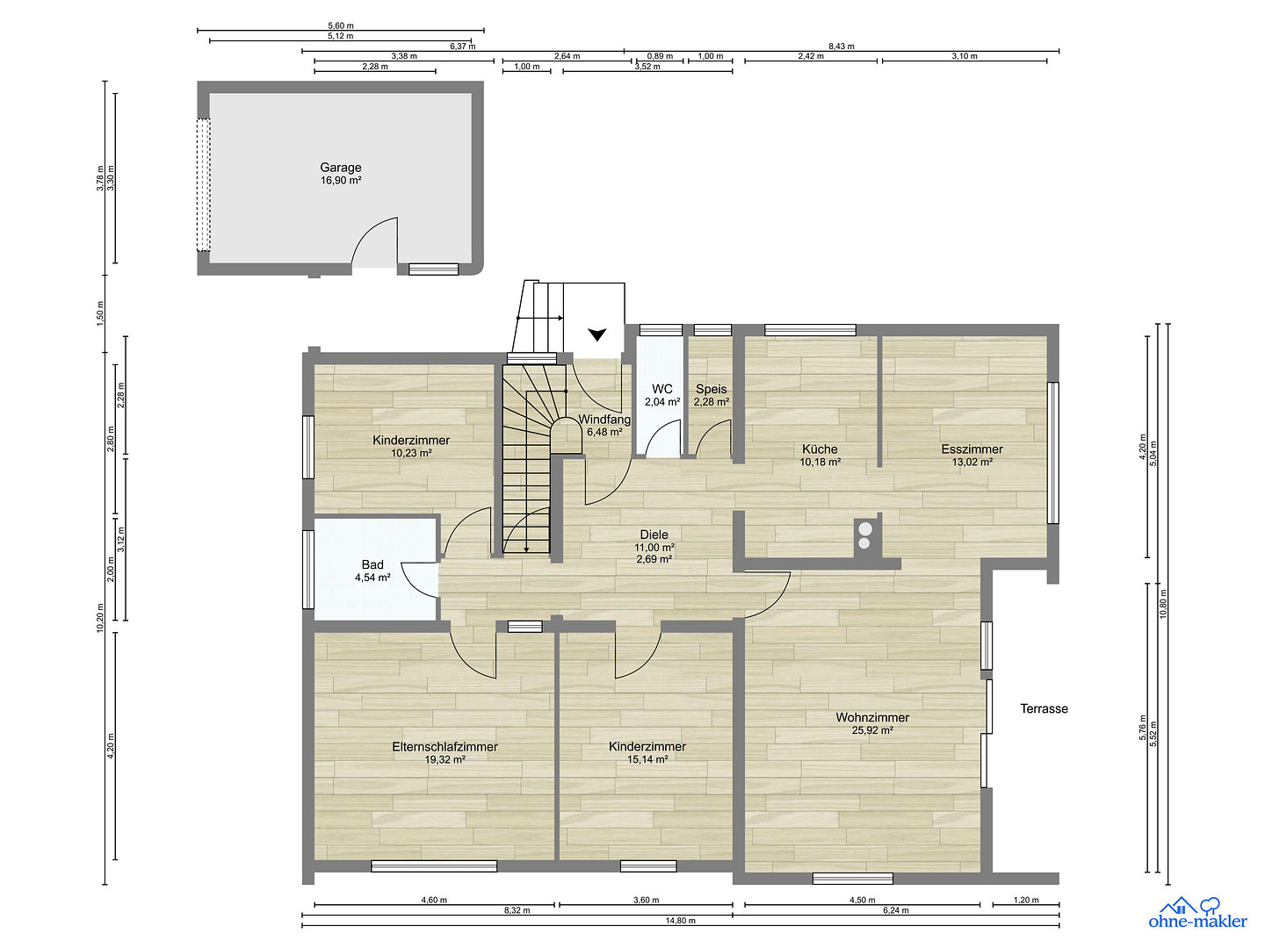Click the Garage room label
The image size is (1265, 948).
pos(341,168)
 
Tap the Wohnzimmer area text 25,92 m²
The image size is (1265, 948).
pos(872,730)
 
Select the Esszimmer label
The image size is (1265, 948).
pos(972,449)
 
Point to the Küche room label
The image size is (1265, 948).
pos(820,449)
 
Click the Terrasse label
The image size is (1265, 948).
pos(1044,708)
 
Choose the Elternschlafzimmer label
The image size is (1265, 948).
pos(445,746)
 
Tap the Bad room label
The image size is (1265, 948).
pos(372,564)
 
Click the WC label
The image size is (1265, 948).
pos(662,389)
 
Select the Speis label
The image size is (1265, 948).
pos(712,389)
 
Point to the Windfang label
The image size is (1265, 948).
pos(604,420)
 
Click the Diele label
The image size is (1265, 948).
pos(654,535)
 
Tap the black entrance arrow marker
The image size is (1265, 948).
pos(597,334)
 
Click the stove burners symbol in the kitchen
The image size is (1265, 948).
pos(864,535)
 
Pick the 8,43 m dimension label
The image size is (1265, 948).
pos(842,46)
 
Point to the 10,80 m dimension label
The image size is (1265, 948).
pos(1163,604)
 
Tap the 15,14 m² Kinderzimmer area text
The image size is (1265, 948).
pos(647,759)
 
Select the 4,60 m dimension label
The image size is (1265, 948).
pos(434,901)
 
